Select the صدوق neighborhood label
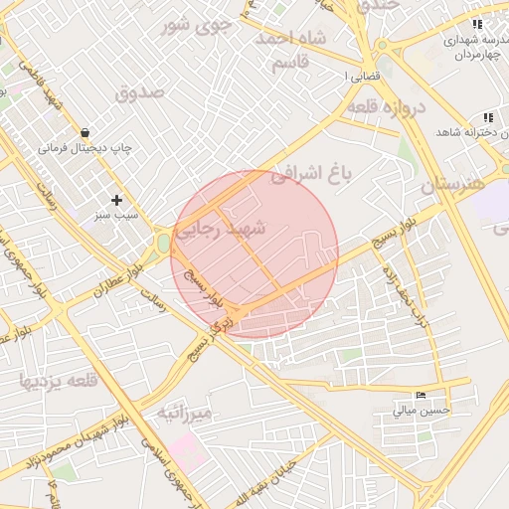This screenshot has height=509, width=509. (x=139, y=93)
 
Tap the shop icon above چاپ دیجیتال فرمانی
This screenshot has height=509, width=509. (x=85, y=132)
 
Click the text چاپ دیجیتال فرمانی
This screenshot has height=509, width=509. (x=85, y=148)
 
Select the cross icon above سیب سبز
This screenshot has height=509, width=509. (x=117, y=200)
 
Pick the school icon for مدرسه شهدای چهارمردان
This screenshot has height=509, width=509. (x=478, y=24)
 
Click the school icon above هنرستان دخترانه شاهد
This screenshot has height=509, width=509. (x=487, y=117)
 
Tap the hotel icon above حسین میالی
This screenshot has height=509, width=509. (x=421, y=395)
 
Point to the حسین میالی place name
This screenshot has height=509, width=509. (x=422, y=409)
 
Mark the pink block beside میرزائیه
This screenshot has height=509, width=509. (x=189, y=452)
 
